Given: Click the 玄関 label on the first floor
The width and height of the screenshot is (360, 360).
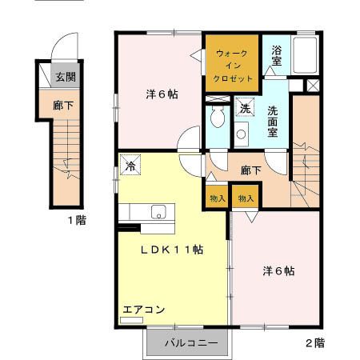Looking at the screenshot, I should [x=66, y=78].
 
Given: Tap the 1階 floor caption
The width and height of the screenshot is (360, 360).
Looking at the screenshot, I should [x=76, y=220].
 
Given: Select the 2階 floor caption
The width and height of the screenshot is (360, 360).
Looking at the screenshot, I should [x=314, y=343].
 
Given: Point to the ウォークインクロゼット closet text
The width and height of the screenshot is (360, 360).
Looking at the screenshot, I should [x=233, y=66].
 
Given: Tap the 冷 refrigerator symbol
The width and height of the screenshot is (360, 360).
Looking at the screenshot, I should [x=130, y=166].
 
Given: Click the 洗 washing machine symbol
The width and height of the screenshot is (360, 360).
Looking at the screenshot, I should [x=244, y=107].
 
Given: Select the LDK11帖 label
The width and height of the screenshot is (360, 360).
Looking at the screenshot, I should [x=172, y=250].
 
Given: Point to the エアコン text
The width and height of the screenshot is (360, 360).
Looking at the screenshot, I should [x=144, y=310].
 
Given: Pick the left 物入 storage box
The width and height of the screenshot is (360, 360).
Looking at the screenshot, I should [x=217, y=198].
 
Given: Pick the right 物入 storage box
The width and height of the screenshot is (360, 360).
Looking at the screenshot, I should [x=245, y=198].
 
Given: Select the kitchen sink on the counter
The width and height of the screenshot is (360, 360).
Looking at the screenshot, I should [x=158, y=212].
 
